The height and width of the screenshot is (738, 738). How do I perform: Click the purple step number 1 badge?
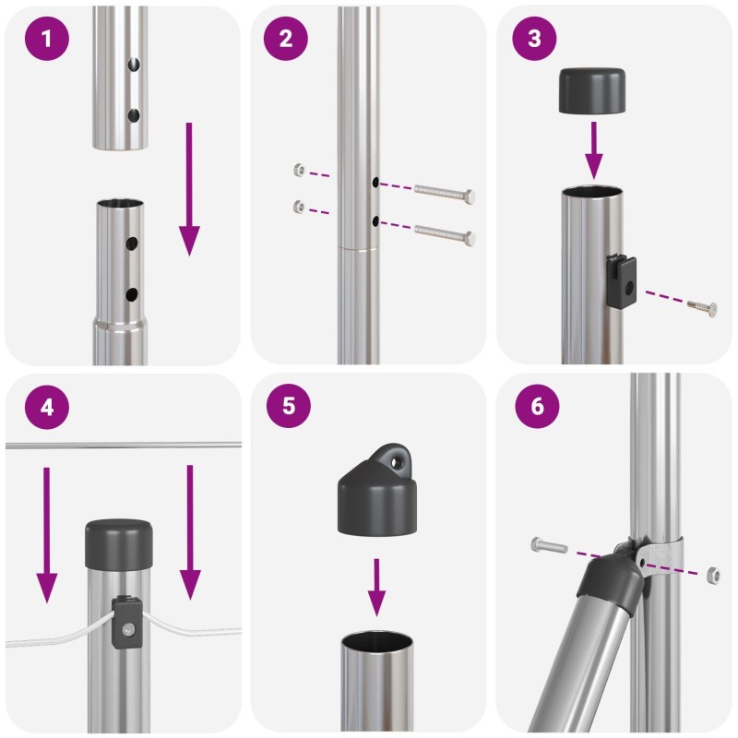point(47,38)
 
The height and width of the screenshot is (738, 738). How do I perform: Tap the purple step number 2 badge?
point(286,38)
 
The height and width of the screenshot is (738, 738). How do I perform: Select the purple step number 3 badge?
point(534,38)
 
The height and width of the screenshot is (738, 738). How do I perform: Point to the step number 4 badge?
point(47,407)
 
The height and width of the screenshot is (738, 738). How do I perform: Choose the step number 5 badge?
point(289,406)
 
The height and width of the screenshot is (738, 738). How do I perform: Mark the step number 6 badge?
point(537,406)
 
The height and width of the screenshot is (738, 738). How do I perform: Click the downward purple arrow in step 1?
point(189,189)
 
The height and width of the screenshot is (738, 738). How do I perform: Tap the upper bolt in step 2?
point(445,194)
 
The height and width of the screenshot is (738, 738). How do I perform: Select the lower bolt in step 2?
point(445,233)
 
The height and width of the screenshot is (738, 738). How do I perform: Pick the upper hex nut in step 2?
point(299,170)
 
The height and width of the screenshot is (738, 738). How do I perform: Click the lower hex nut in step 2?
point(299,206)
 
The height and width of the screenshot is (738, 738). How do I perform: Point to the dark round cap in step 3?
point(592,90)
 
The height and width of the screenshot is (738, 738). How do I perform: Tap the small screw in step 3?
point(702,308)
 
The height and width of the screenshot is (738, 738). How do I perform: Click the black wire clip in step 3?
point(621,280)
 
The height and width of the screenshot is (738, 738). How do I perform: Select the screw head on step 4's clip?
point(127,628)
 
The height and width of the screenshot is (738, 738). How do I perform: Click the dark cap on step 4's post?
point(119,544)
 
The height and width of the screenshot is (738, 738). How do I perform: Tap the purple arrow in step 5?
point(376,588)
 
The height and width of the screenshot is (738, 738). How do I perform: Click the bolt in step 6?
point(550,545)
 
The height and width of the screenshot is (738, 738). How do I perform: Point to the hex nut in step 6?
point(713,575)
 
